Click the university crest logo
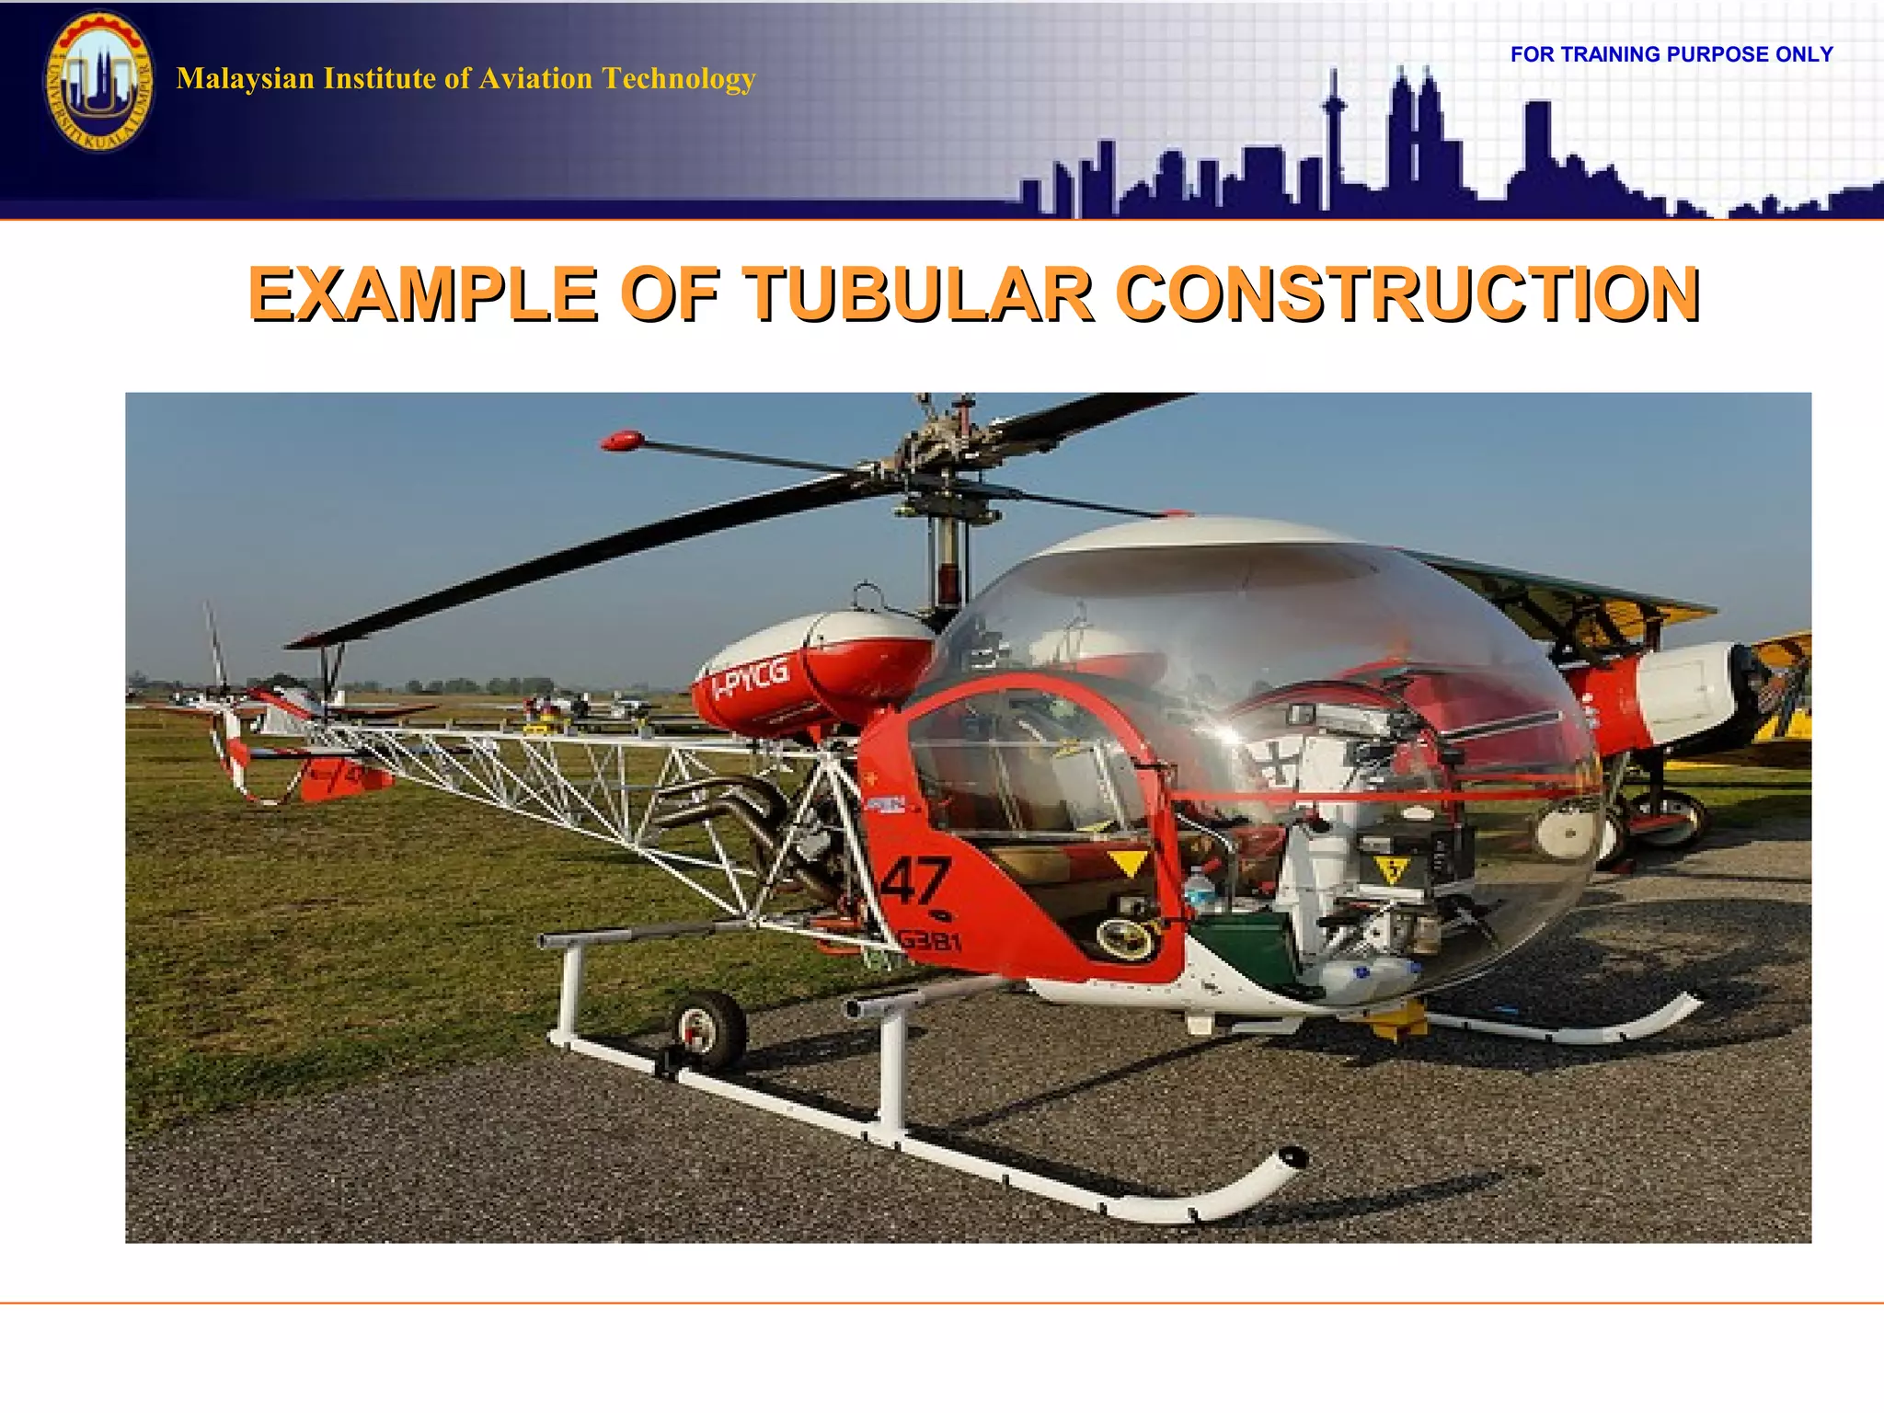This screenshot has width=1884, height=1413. point(99,81)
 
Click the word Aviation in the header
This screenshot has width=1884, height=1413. point(535,78)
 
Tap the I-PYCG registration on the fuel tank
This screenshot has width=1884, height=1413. point(752,678)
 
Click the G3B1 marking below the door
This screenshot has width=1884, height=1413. point(930,940)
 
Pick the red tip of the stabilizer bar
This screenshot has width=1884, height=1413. point(622,440)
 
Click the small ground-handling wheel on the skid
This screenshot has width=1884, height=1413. point(708,1028)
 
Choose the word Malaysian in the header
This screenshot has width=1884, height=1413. point(245,78)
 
